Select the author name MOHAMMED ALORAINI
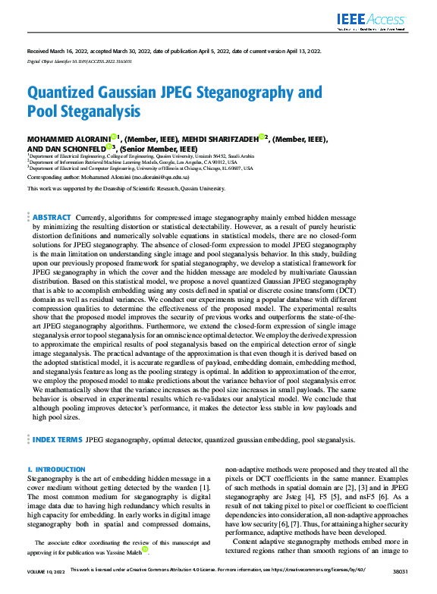click(x=68, y=140)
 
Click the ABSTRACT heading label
click(x=52, y=196)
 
